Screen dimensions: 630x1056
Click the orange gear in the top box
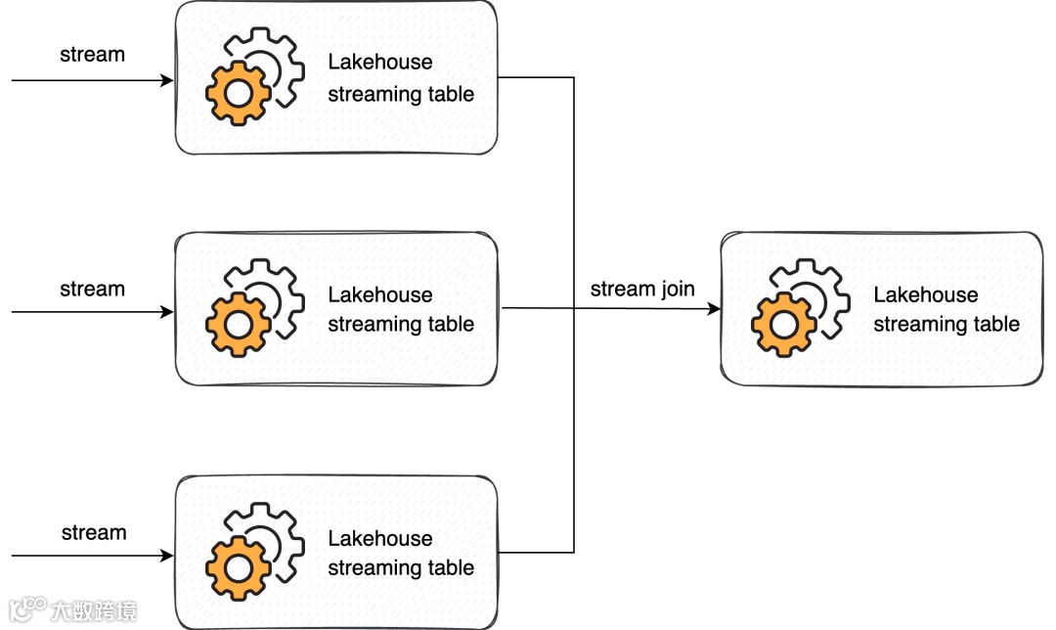pos(238,93)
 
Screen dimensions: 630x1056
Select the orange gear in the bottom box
pos(238,568)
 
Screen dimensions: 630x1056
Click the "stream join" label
pos(642,290)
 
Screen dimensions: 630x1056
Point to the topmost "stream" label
pos(92,55)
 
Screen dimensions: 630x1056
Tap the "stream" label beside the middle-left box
pos(92,290)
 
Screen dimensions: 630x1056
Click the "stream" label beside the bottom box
pos(94,533)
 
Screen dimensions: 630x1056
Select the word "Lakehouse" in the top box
pos(379,63)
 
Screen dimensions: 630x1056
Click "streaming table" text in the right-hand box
pos(946,325)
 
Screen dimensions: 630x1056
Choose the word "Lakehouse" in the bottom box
pos(379,539)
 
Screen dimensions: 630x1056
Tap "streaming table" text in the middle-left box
pos(401,325)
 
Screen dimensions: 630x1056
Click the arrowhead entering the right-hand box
pos(714,309)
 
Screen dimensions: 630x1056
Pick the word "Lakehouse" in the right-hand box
pos(925,295)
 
